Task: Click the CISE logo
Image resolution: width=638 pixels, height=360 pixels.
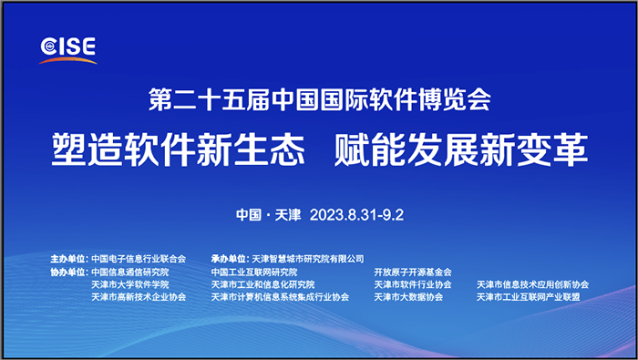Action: click(x=68, y=48)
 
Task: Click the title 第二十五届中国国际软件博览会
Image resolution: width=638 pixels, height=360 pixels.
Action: click(x=320, y=96)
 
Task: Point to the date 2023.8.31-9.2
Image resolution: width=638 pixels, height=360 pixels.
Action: click(x=356, y=216)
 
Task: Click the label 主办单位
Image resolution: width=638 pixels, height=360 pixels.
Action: click(x=68, y=259)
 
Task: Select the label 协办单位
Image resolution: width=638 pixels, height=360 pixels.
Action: click(x=68, y=272)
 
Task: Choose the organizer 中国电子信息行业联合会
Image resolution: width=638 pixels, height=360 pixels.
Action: click(x=139, y=259)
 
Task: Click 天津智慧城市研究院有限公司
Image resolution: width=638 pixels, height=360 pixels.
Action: click(x=308, y=259)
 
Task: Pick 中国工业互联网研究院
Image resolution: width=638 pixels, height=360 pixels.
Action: click(x=254, y=272)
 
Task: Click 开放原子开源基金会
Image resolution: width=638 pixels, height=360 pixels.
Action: click(x=412, y=272)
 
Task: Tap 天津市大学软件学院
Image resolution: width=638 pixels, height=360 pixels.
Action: click(x=130, y=284)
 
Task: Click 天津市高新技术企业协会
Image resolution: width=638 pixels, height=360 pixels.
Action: click(x=139, y=297)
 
